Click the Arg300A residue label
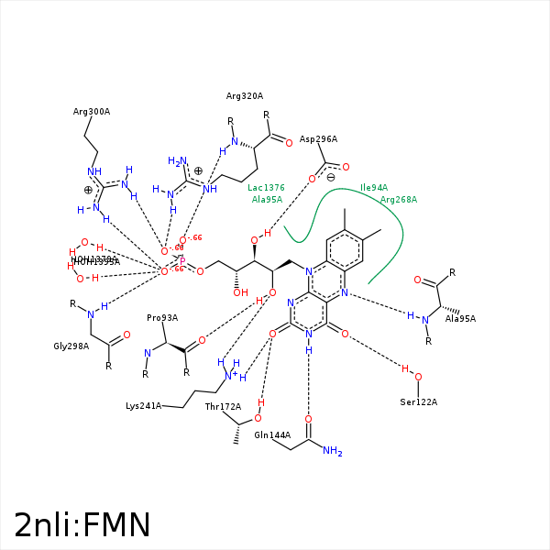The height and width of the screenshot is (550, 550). (x=92, y=112)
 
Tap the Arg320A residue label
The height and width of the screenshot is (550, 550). (x=245, y=95)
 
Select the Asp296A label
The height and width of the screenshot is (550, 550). (x=318, y=139)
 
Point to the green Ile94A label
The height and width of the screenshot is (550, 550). (x=374, y=187)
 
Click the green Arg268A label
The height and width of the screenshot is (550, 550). (x=398, y=199)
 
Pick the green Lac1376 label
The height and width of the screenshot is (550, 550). (x=266, y=187)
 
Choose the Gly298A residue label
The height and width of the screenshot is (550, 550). (x=71, y=346)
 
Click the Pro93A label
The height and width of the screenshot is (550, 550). (x=162, y=318)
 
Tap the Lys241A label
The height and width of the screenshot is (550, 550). (x=144, y=405)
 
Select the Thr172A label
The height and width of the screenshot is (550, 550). (x=223, y=406)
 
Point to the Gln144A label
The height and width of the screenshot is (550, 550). (x=272, y=435)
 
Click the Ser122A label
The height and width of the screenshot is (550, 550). (x=418, y=402)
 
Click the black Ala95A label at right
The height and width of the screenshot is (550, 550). (x=460, y=319)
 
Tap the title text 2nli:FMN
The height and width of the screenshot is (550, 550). (x=82, y=524)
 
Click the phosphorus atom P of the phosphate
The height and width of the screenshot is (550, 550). (x=182, y=260)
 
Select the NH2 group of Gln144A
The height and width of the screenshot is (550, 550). (x=332, y=451)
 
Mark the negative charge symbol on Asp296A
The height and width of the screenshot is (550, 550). (x=331, y=178)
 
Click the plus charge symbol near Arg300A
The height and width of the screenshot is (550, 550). (x=89, y=190)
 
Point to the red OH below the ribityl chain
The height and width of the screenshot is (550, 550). (x=240, y=292)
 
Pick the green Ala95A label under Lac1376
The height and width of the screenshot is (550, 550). (x=267, y=199)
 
